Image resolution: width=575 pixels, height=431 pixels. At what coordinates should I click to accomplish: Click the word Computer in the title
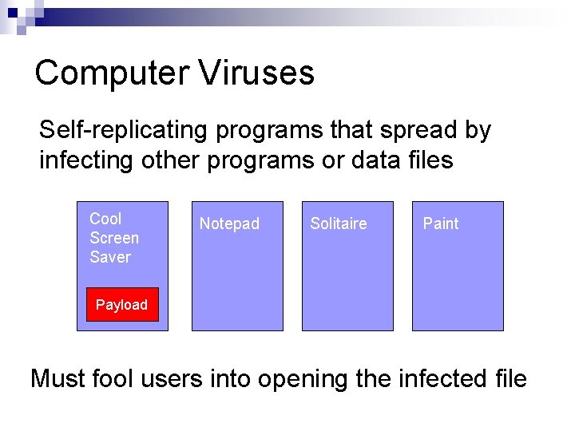111,73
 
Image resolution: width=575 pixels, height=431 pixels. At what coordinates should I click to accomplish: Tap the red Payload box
122,305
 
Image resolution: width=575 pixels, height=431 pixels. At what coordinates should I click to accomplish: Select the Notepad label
229,224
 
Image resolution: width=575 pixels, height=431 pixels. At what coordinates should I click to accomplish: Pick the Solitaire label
339,223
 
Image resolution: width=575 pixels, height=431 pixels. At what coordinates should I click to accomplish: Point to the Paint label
441,223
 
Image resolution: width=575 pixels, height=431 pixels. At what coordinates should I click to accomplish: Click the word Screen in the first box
114,238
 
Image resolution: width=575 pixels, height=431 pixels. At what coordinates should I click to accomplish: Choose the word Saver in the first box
110,257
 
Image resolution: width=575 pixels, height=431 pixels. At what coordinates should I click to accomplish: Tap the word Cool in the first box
105,219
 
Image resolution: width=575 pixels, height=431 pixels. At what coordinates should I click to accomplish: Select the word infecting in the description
88,160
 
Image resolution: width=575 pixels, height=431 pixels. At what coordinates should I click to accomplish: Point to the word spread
395,130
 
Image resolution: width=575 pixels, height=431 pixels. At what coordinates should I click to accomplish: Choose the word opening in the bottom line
303,379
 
